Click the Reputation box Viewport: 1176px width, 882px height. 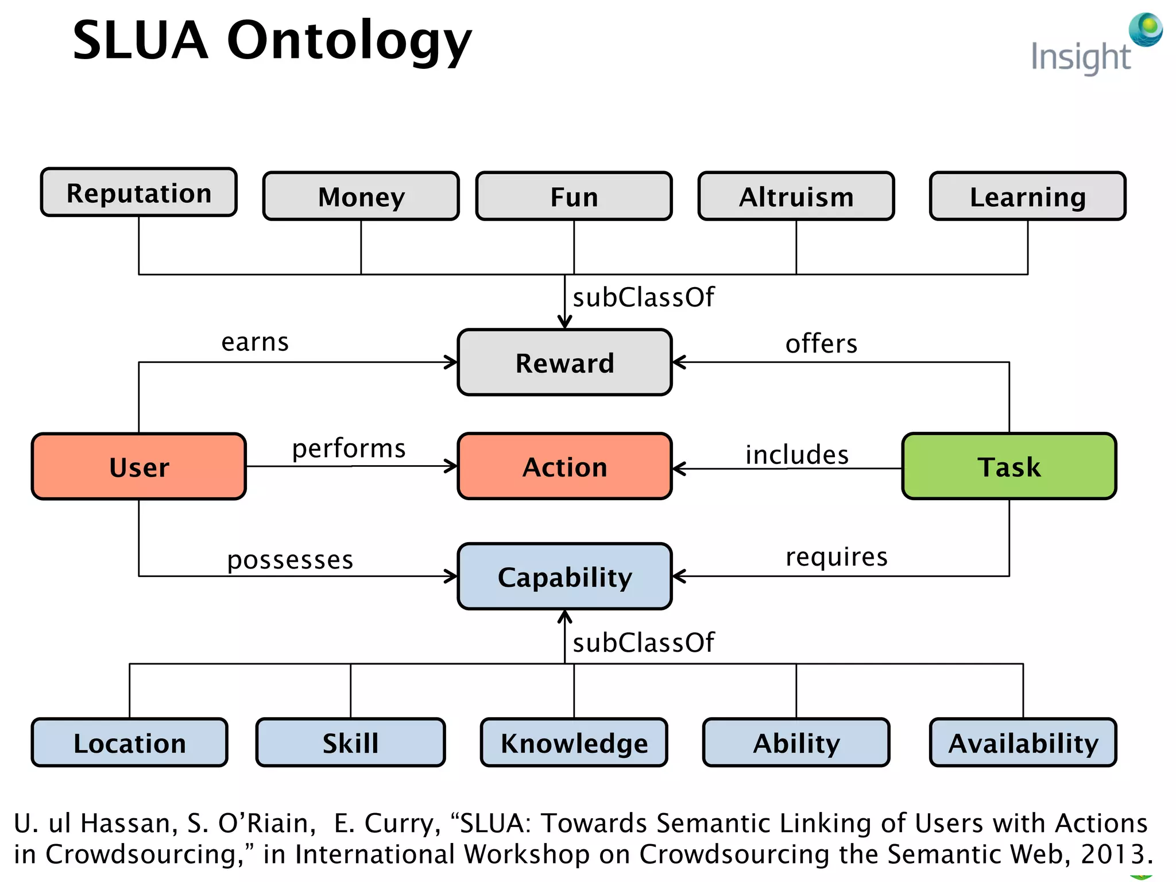click(x=138, y=192)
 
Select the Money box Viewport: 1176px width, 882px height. click(x=361, y=196)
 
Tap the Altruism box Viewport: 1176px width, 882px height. click(x=796, y=196)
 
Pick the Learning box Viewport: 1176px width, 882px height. click(x=1027, y=196)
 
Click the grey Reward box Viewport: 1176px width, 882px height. click(x=564, y=362)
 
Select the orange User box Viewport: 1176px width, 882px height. click(x=138, y=466)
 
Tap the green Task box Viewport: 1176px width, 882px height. click(x=1009, y=466)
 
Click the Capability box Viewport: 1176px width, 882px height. click(x=564, y=577)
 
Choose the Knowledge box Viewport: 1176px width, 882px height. click(x=574, y=742)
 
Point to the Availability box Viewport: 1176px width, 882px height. click(x=1023, y=742)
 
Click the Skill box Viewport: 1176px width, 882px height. click(x=350, y=742)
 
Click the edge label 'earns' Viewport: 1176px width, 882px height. click(x=255, y=342)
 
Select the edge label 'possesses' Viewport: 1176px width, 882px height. click(x=290, y=560)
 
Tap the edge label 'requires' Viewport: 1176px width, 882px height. click(x=837, y=557)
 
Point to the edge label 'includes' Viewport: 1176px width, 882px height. click(x=796, y=455)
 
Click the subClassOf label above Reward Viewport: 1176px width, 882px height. click(x=643, y=297)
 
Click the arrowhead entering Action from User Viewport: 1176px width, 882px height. click(x=451, y=466)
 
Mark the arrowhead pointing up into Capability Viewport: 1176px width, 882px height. click(x=565, y=617)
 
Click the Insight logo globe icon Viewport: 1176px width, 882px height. click(x=1146, y=29)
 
